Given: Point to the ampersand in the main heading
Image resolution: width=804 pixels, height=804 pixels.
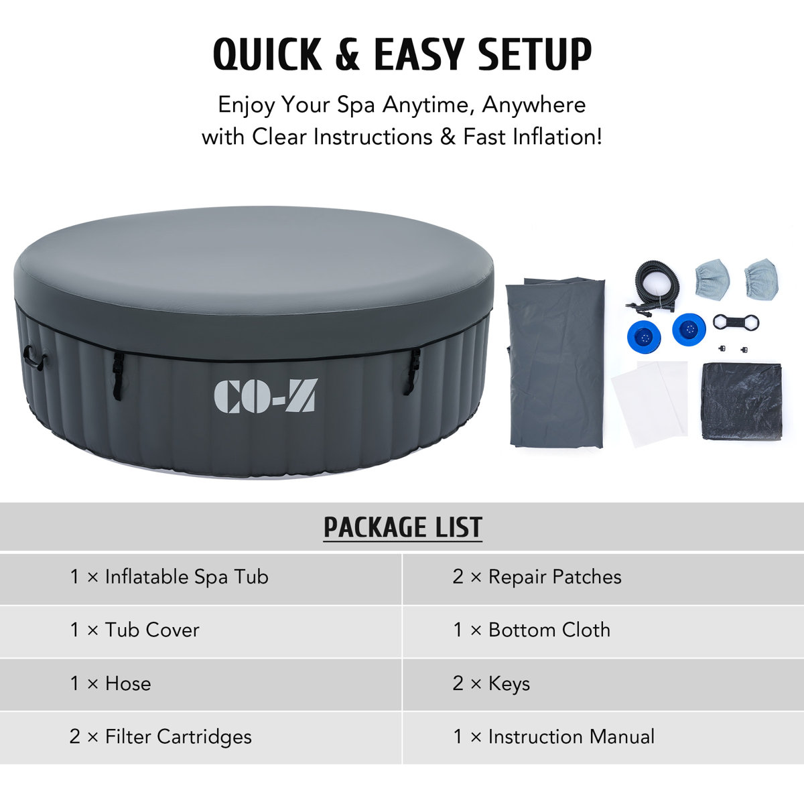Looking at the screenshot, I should [x=347, y=55].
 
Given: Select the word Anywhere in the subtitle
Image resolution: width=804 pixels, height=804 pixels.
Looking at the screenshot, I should [x=533, y=105].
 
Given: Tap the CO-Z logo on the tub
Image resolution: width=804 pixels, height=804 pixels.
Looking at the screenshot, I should [x=265, y=396].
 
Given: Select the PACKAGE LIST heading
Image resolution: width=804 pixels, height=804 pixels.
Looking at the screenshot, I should [x=403, y=527].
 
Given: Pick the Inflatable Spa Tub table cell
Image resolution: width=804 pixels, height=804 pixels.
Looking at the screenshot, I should [x=170, y=577].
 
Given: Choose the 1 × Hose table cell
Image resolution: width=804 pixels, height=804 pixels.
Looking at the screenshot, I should [x=111, y=683].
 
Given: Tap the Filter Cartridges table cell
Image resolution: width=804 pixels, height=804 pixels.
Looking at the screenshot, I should [x=161, y=737].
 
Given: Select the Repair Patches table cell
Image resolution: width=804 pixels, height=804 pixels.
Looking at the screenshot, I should [x=537, y=577].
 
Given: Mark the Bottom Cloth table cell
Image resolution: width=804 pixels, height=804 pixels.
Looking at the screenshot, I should [x=531, y=630].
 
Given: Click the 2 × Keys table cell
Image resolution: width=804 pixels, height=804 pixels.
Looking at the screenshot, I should [x=491, y=683].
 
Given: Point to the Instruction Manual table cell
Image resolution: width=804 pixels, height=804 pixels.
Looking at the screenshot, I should [x=553, y=737].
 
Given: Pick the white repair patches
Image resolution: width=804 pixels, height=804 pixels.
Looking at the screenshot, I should [x=650, y=399].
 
